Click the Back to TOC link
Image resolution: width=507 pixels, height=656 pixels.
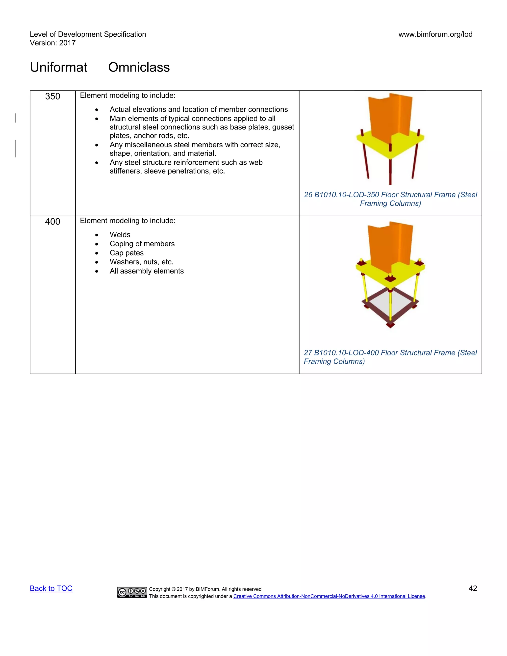[51, 588]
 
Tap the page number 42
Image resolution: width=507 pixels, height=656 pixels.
[473, 588]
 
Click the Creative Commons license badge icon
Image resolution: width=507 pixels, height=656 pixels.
[132, 592]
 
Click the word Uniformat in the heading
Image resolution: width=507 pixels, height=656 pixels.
[59, 67]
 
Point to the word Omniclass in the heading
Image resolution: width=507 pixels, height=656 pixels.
[139, 67]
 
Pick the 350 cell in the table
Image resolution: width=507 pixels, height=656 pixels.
[52, 96]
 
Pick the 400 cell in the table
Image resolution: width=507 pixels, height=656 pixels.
[52, 222]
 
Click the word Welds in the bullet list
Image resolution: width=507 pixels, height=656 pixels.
[120, 235]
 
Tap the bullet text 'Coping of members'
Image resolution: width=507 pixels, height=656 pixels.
[142, 244]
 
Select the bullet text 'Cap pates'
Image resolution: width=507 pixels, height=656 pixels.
[127, 253]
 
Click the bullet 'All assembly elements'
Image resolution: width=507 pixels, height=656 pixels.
[147, 271]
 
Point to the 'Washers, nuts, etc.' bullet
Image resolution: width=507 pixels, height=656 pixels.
[141, 262]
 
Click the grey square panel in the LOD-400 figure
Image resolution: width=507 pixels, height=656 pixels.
[390, 306]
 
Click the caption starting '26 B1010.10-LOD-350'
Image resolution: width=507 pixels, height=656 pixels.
[390, 199]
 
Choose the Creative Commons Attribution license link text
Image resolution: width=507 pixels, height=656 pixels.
[329, 596]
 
